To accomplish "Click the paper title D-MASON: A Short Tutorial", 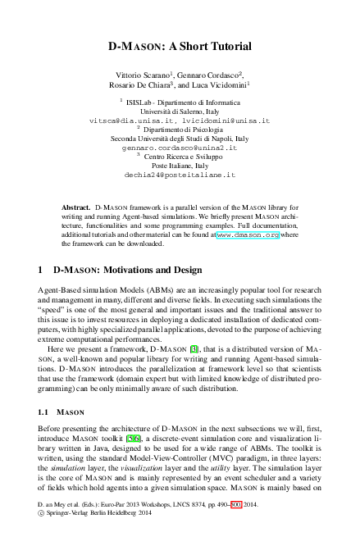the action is tap(180, 48).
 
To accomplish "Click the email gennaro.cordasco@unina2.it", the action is tap(179, 148).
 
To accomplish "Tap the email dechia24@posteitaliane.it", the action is tap(180, 175).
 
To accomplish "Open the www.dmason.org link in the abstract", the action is tap(248, 234).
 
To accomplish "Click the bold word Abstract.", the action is tap(76, 209).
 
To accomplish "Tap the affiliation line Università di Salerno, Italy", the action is tap(179, 111).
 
